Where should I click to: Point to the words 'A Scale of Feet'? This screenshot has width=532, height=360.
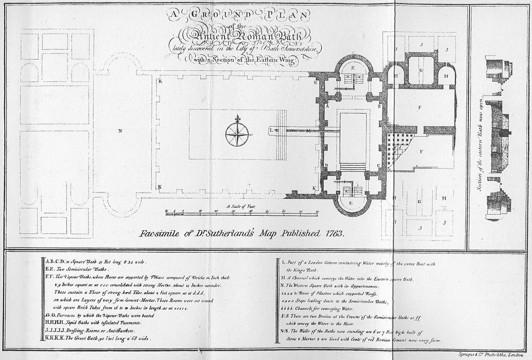click(x=241, y=207)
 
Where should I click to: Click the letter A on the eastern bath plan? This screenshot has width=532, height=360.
click(x=327, y=106)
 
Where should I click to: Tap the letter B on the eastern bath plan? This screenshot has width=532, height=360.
click(x=379, y=106)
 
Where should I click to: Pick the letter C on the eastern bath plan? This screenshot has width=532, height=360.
click(x=379, y=166)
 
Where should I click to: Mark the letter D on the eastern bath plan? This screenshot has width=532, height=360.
click(x=327, y=165)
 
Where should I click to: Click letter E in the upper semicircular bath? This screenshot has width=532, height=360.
click(x=353, y=68)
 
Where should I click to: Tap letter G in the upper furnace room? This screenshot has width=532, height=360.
click(x=421, y=70)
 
